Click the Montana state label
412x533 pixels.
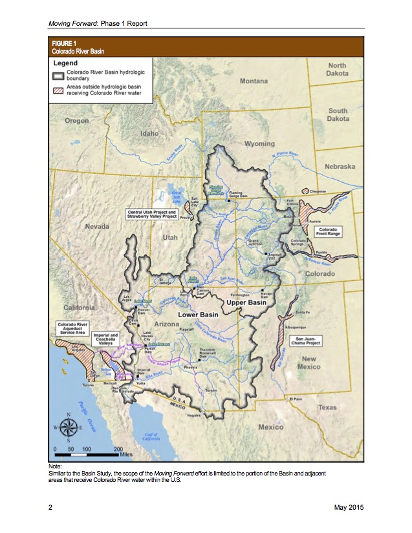[x=254, y=81]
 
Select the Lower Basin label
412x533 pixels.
[x=198, y=315]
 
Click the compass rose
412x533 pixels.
[x=69, y=427]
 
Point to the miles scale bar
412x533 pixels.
[x=91, y=455]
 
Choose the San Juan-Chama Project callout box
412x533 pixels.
[x=305, y=340]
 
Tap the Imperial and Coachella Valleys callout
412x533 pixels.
[x=104, y=339]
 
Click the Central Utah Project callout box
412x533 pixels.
[x=153, y=214]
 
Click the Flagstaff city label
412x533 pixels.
[x=186, y=329]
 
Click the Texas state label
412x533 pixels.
[x=327, y=408]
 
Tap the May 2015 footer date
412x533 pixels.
[x=349, y=508]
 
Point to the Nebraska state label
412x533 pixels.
[x=340, y=167]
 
